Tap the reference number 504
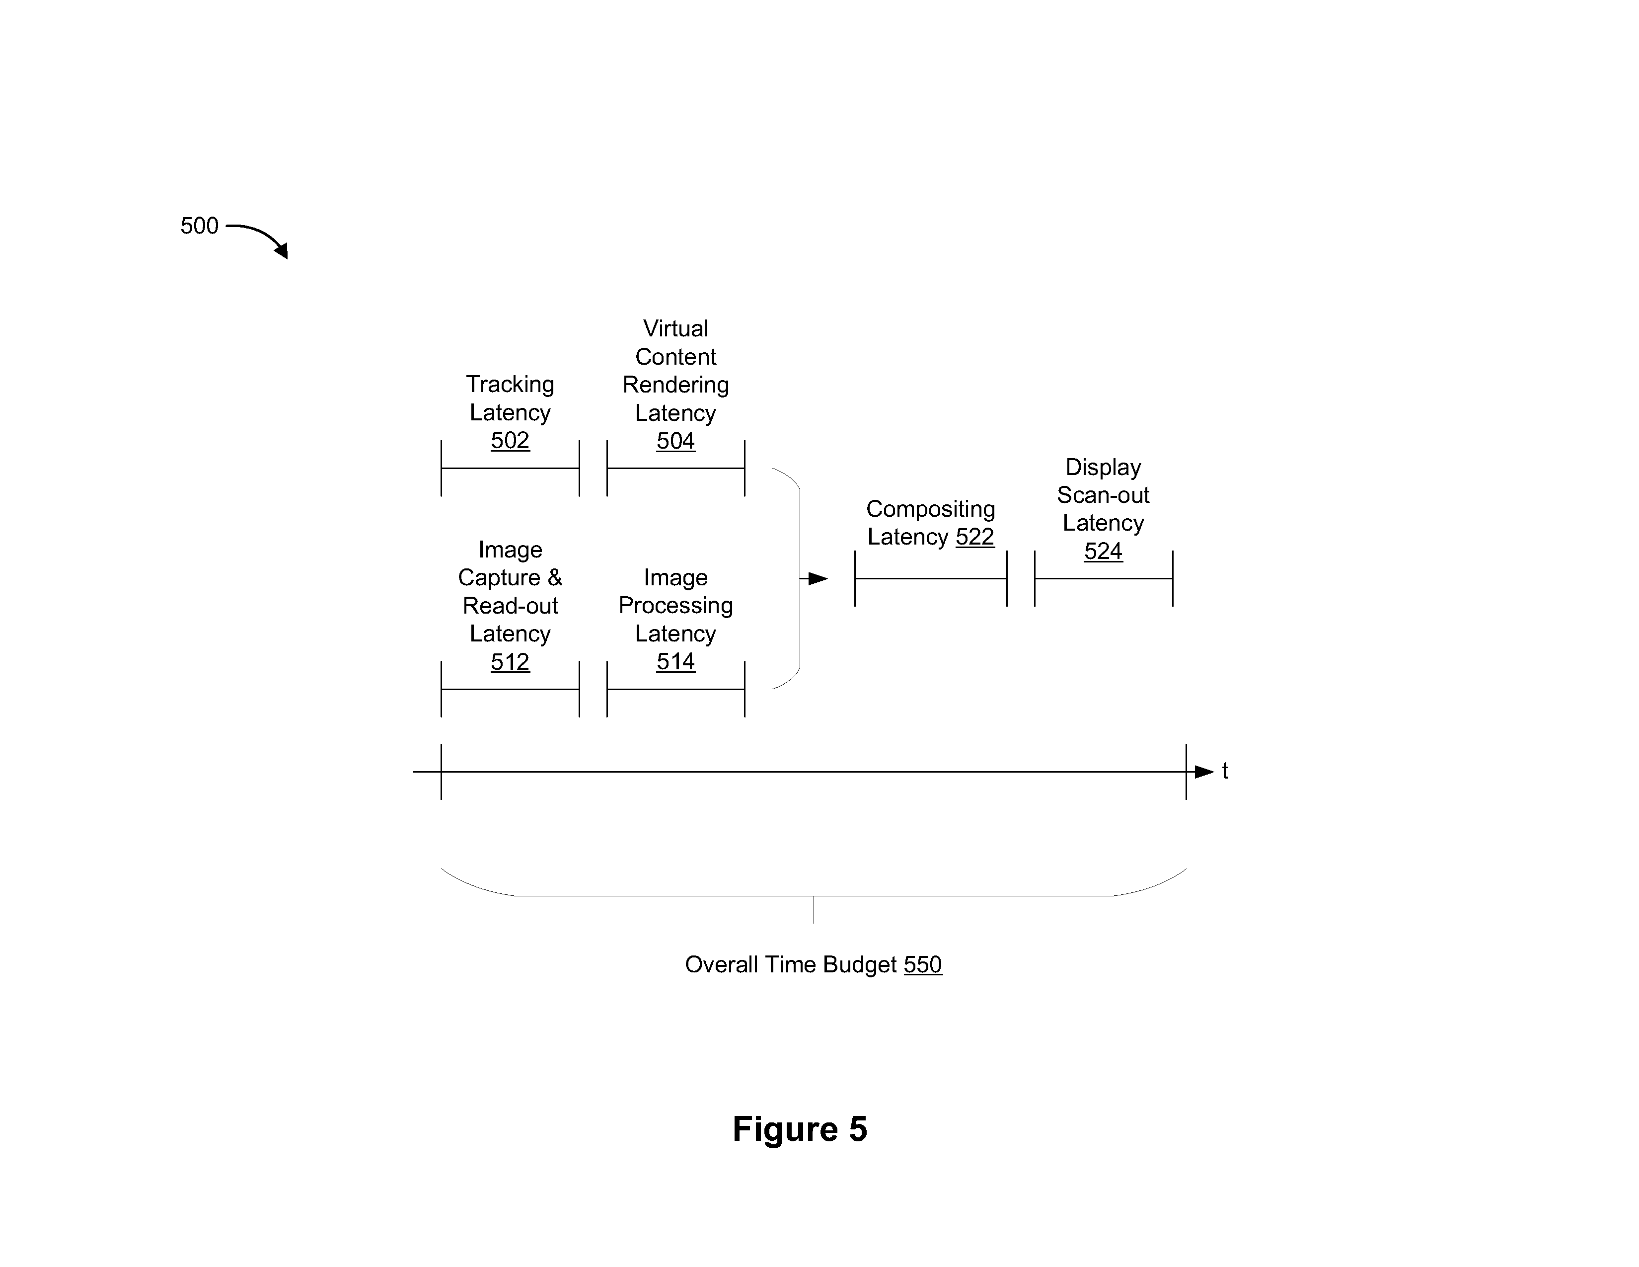click(675, 441)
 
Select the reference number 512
click(510, 661)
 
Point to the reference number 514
click(675, 661)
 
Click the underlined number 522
click(975, 537)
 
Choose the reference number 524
click(1103, 551)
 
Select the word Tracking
click(510, 384)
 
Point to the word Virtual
click(675, 329)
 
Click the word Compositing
click(931, 509)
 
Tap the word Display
click(1103, 468)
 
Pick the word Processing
click(675, 606)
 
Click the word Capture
click(499, 578)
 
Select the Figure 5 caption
click(800, 1129)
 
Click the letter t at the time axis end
click(1225, 771)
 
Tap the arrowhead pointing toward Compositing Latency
click(818, 579)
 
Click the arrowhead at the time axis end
click(1204, 772)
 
